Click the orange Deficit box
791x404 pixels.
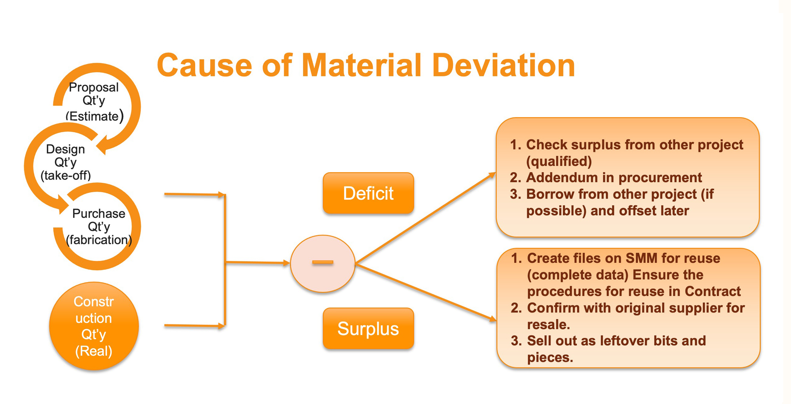point(368,193)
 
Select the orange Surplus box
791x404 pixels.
point(368,329)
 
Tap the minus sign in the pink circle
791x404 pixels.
point(322,262)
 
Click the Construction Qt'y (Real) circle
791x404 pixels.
point(94,326)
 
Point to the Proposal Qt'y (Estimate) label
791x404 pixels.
point(94,102)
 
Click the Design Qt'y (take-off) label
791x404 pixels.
point(66,162)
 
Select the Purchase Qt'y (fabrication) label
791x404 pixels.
point(99,226)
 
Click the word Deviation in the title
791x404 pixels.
point(503,65)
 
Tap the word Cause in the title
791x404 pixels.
point(204,65)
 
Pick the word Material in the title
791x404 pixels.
point(361,65)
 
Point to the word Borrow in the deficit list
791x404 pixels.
point(551,194)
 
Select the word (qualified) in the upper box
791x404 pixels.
point(559,161)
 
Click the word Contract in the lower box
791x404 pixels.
point(713,291)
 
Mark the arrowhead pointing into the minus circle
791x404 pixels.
point(287,263)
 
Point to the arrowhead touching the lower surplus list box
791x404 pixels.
point(493,318)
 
